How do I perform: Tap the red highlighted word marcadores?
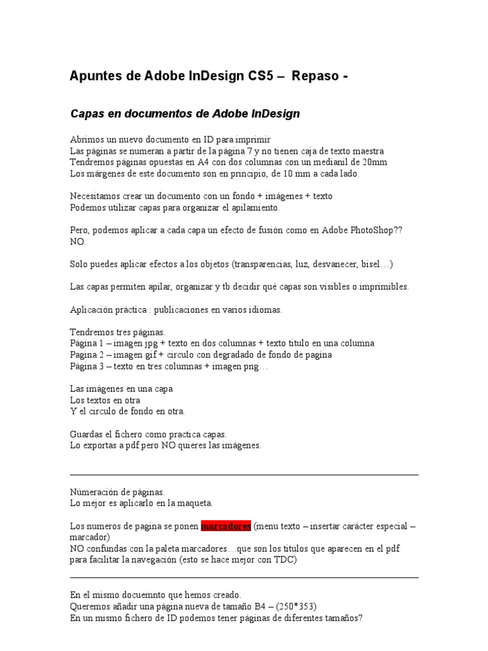coord(226,526)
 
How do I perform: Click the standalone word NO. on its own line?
coord(76,242)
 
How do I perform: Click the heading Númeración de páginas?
coord(118,492)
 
